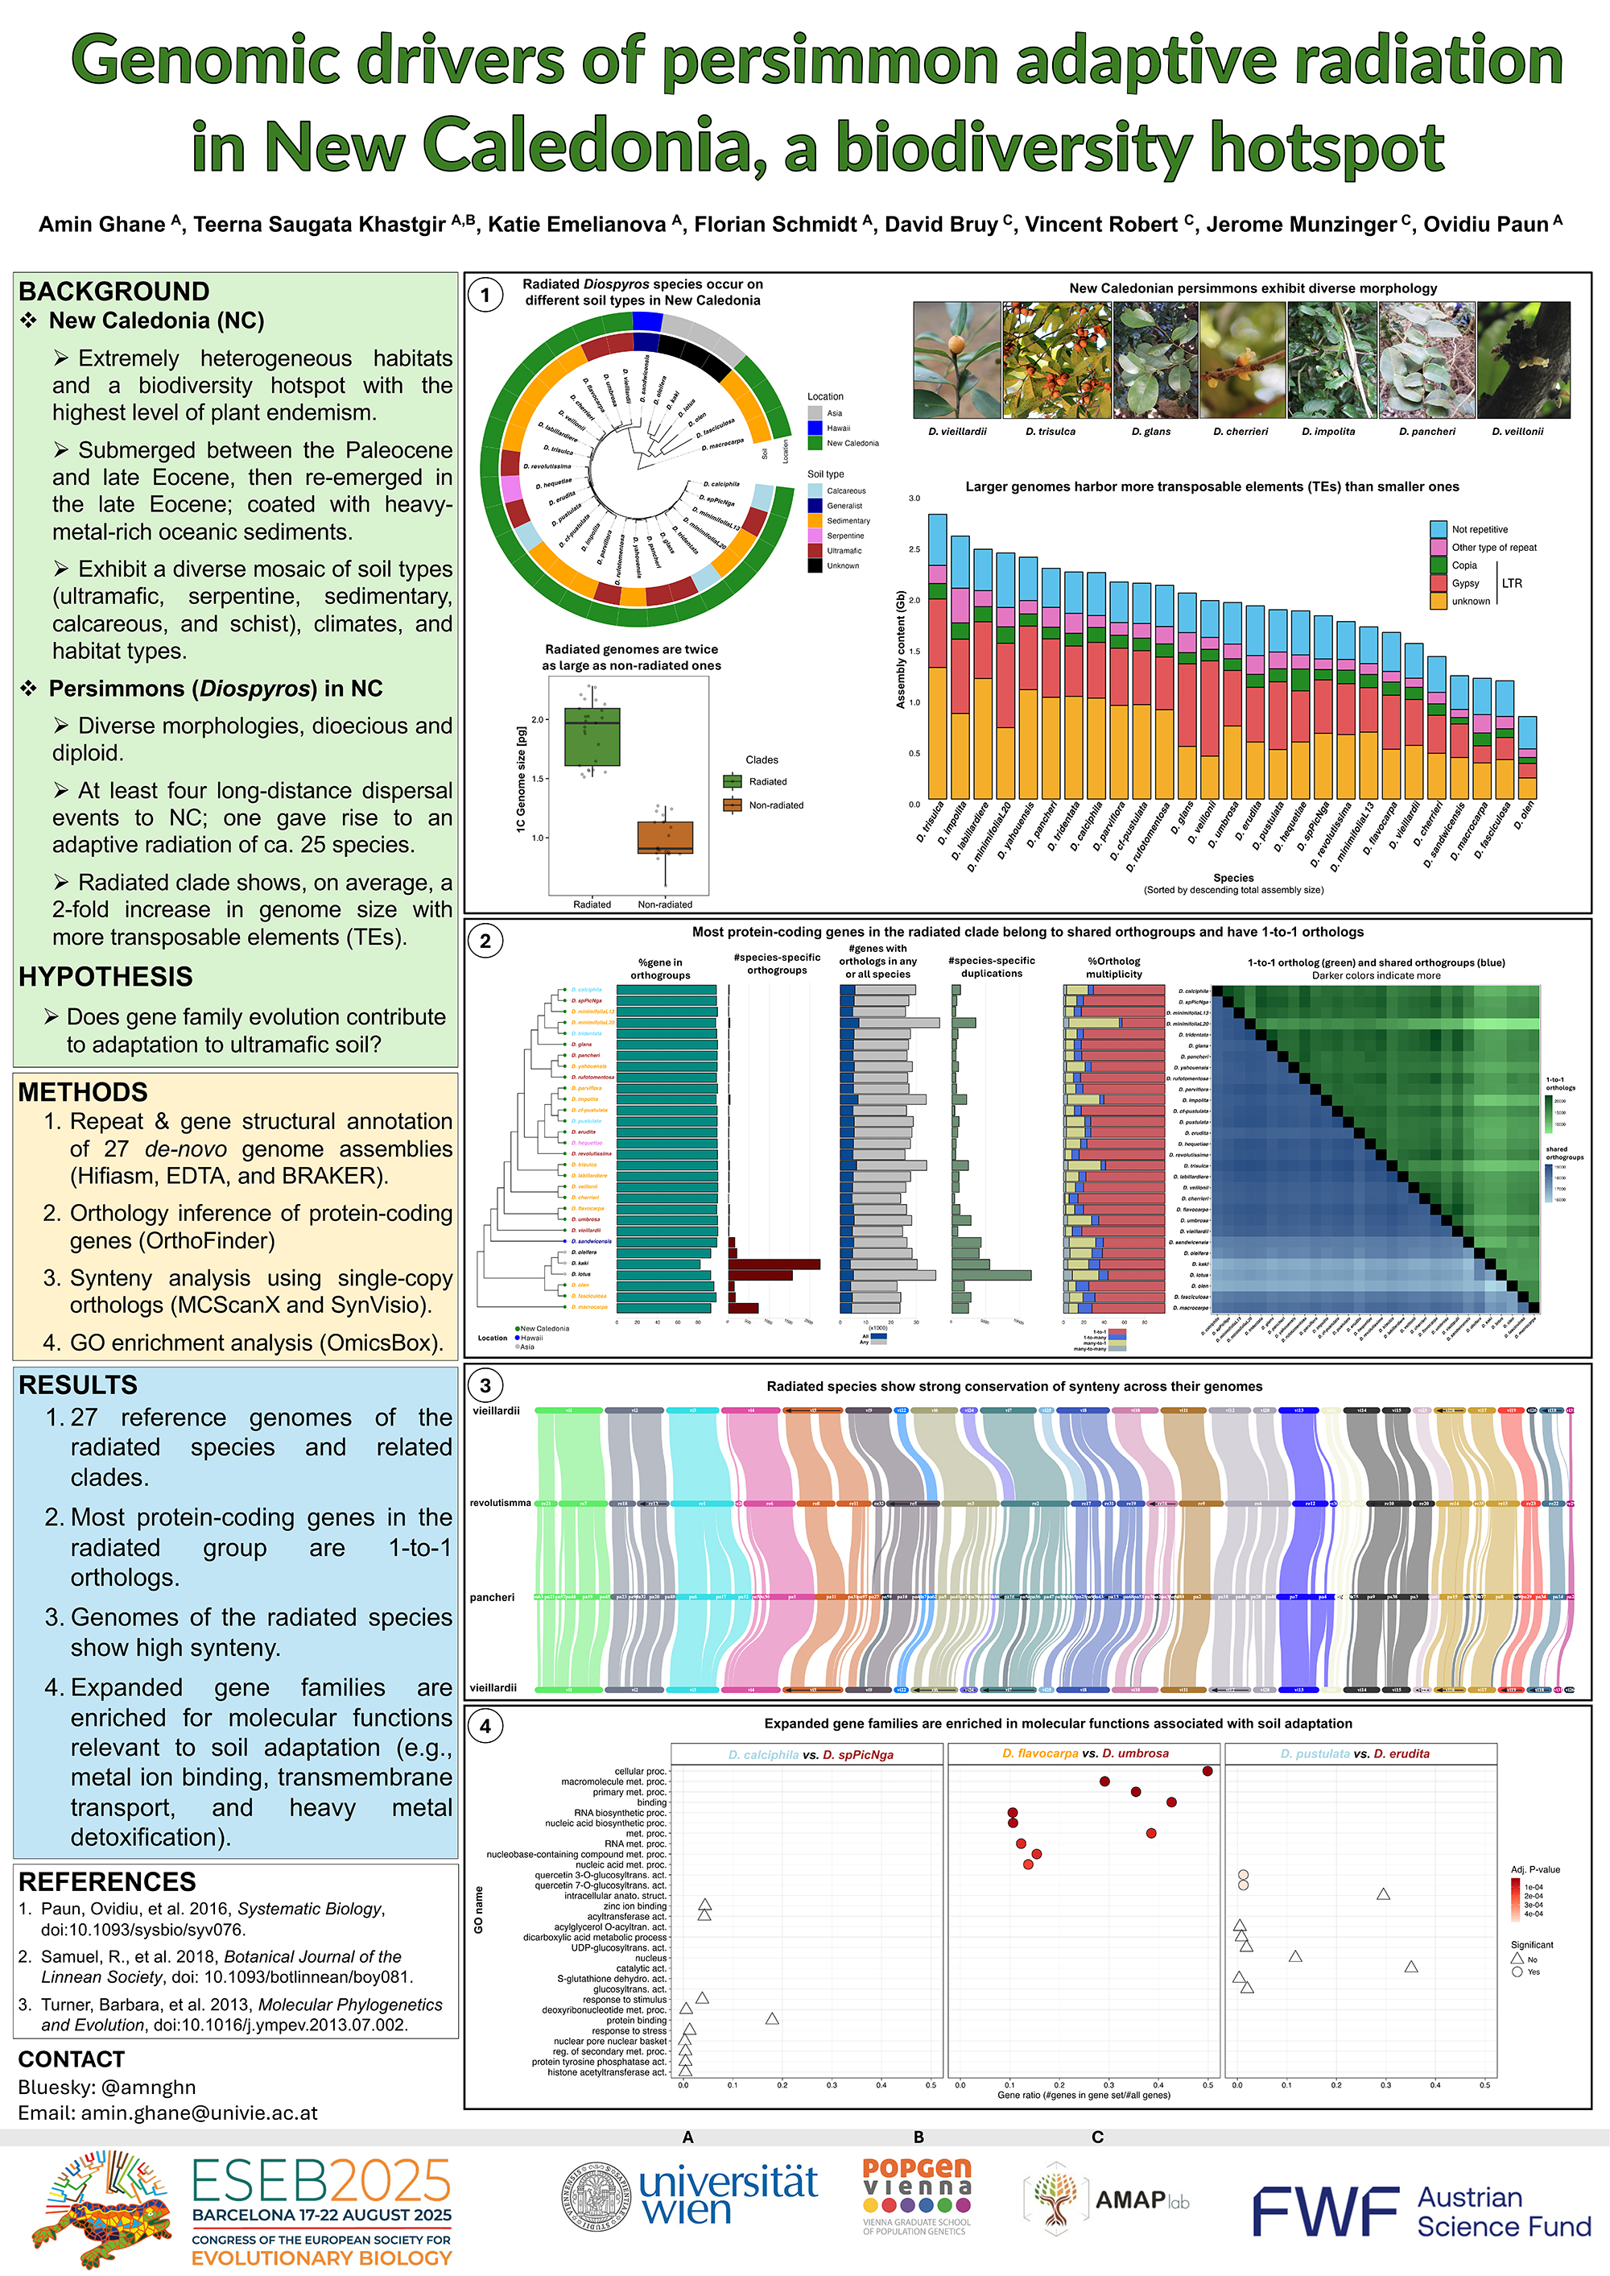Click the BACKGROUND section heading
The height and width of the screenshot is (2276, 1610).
tap(114, 292)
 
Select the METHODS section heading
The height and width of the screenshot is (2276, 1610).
tap(82, 1092)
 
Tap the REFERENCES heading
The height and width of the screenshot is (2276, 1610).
tap(107, 1881)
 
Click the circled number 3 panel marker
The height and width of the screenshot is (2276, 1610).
tap(485, 1385)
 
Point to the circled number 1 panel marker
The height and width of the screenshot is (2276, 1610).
tap(485, 296)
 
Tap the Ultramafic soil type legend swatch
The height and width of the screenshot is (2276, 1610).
tap(815, 550)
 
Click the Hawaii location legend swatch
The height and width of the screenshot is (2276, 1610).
tap(815, 428)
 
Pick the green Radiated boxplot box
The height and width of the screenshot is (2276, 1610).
tap(592, 736)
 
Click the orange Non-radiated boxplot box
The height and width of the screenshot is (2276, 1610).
tap(665, 837)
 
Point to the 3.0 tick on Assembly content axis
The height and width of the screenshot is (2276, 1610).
tap(914, 498)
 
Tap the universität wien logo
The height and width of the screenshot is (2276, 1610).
tap(690, 2198)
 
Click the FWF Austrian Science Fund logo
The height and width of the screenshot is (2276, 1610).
tap(1420, 2211)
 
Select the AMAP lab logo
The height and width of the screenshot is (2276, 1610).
tap(1108, 2199)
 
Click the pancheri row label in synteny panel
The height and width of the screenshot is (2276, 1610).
tap(492, 1598)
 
